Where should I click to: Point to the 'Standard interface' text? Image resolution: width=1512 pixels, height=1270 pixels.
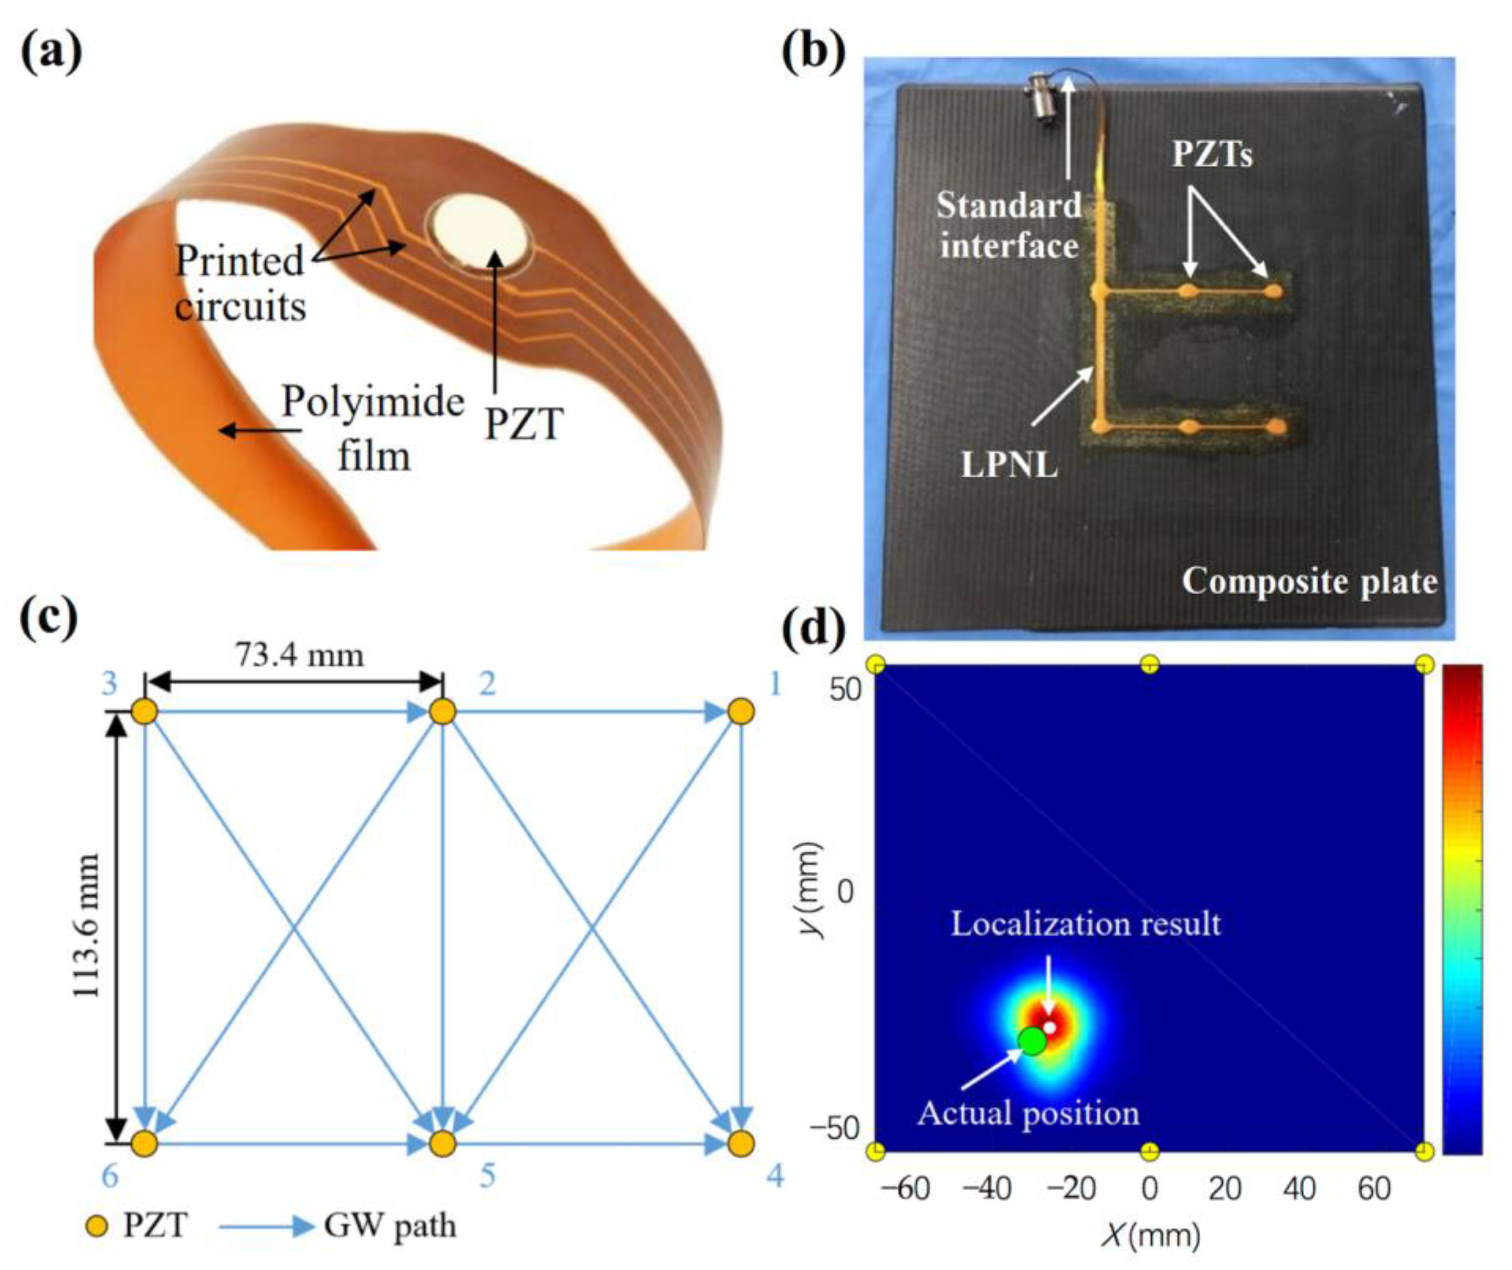[x=1009, y=226]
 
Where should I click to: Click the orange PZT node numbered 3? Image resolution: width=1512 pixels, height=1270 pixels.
[x=145, y=712]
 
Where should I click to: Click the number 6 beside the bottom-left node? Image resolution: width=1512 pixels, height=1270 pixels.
[x=109, y=1177]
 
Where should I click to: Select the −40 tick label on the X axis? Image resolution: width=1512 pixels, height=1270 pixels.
[x=988, y=1189]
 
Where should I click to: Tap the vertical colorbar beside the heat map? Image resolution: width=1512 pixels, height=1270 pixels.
[x=1462, y=909]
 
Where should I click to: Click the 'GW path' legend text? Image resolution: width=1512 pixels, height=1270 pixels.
[x=390, y=1226]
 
